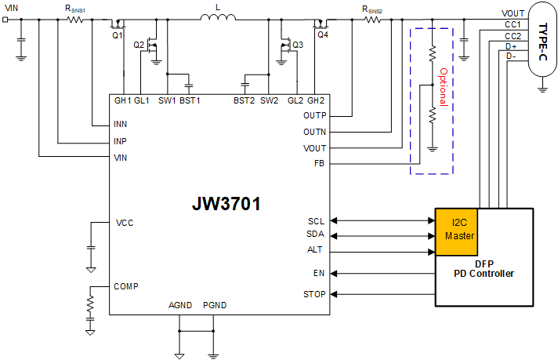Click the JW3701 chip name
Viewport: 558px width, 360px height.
point(226,204)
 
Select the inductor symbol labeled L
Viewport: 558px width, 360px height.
point(216,21)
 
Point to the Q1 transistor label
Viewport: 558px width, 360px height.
point(118,35)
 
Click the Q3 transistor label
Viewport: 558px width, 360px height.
point(297,45)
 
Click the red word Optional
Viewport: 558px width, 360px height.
point(443,86)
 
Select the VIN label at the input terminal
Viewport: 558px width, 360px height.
point(13,7)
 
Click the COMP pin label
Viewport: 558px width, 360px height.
point(126,286)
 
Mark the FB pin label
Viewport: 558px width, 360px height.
point(319,164)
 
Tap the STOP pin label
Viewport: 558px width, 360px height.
point(313,295)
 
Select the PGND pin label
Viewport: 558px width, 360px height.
point(214,304)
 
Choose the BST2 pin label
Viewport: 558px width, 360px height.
point(244,100)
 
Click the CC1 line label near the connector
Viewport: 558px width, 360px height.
point(513,24)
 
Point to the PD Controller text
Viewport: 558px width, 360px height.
point(484,274)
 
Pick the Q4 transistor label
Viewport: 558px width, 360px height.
point(323,35)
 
